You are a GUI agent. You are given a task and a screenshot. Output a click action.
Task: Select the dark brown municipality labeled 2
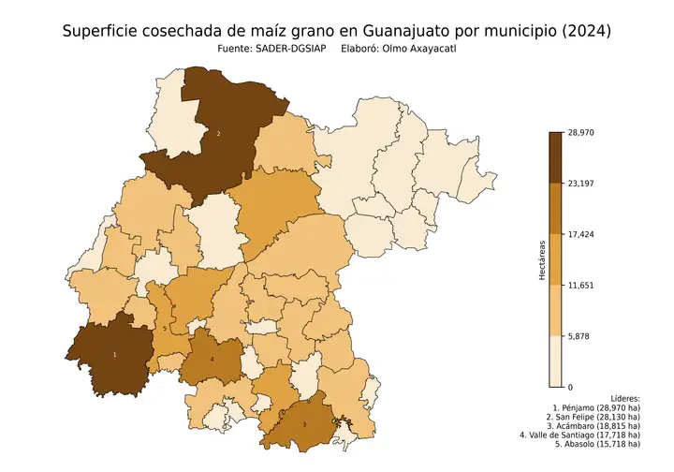218,134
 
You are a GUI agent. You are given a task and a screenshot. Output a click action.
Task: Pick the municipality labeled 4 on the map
212,359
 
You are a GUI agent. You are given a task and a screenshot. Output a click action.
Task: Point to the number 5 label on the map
165,329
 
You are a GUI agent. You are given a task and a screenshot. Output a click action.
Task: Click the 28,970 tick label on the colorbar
581,133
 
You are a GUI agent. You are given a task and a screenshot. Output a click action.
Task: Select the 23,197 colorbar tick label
581,184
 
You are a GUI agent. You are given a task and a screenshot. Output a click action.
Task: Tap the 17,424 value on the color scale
581,234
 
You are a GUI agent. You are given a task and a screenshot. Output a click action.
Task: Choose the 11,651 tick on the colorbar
581,285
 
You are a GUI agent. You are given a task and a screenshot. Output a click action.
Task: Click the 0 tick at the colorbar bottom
570,386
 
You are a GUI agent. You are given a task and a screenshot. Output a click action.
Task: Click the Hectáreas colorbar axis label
542,259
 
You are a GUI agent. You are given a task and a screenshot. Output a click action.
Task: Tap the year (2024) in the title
579,31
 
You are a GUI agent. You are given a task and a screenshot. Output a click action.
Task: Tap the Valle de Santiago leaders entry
580,435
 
